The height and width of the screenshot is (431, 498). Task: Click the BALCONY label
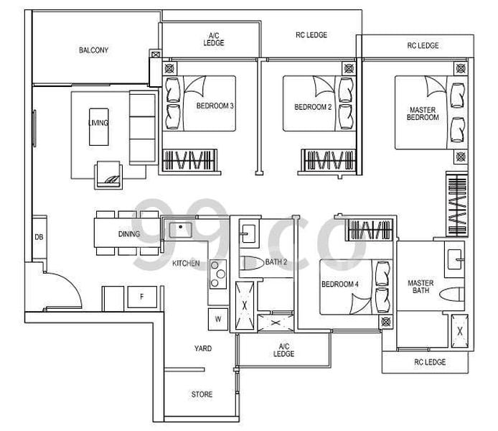click(94, 50)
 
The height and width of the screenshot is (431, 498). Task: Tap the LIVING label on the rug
click(98, 123)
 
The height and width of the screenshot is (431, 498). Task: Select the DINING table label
click(129, 234)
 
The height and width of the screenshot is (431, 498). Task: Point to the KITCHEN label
click(186, 264)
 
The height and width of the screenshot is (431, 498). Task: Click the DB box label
click(38, 237)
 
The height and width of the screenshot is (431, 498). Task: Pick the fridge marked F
click(141, 297)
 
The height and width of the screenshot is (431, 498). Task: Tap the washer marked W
click(217, 318)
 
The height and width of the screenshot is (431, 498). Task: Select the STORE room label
click(202, 394)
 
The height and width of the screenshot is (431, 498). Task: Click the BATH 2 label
click(276, 262)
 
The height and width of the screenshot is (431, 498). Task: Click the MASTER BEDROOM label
click(423, 113)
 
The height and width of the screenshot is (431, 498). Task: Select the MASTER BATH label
click(421, 287)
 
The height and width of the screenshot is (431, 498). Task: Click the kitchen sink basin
click(177, 230)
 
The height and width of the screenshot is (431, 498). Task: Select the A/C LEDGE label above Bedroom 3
click(214, 39)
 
